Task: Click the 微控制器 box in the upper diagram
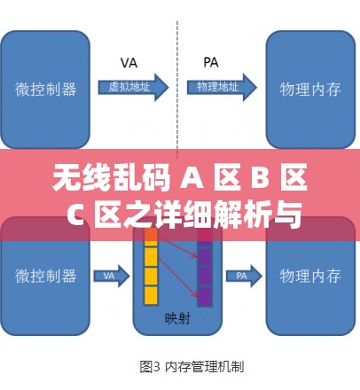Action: click(x=45, y=89)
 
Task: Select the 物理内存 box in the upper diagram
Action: click(x=311, y=89)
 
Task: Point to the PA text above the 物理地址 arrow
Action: click(x=211, y=63)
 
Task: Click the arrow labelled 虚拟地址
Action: click(x=133, y=87)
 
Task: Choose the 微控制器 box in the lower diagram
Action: click(x=45, y=276)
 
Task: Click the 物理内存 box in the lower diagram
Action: click(x=311, y=276)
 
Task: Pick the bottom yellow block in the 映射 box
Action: click(x=151, y=293)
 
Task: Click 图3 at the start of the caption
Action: click(x=150, y=364)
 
